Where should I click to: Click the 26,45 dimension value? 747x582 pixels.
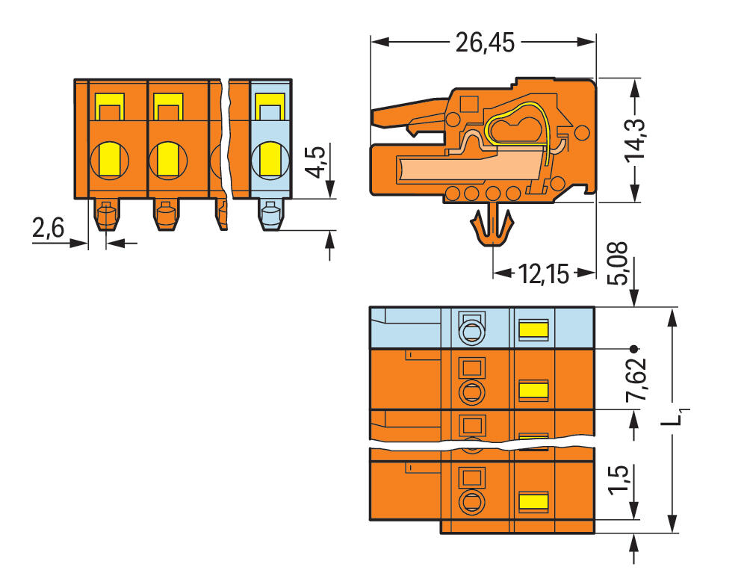(485, 44)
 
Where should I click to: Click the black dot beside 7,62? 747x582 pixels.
(634, 349)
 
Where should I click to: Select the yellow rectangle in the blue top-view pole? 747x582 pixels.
(533, 329)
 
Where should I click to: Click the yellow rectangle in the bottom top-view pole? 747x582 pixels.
(533, 501)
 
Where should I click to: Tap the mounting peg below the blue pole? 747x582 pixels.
(270, 216)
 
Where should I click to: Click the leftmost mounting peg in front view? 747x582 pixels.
(106, 215)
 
